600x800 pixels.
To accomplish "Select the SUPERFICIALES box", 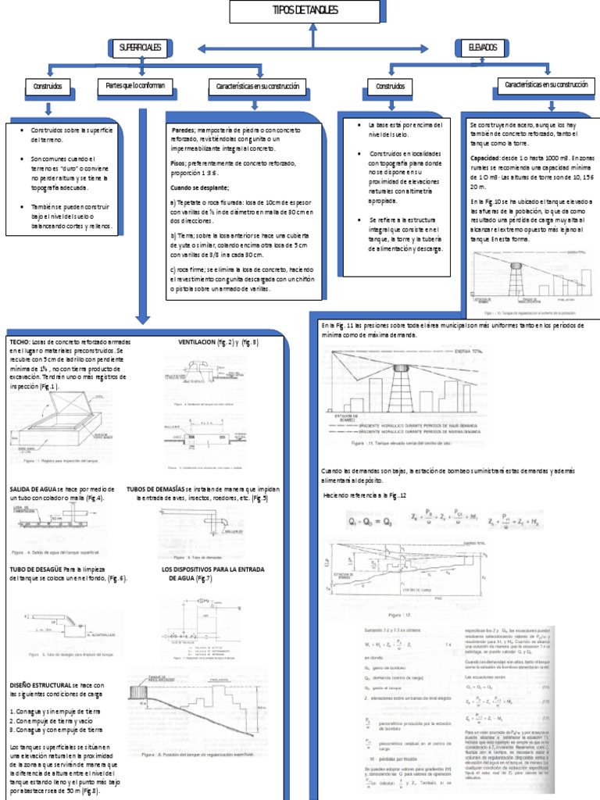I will pyautogui.click(x=140, y=48).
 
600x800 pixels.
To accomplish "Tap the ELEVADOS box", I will pyautogui.click(x=482, y=48).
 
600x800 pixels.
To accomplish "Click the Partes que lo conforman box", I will pyautogui.click(x=130, y=84).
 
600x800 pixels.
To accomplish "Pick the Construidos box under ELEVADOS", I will pyautogui.click(x=391, y=86).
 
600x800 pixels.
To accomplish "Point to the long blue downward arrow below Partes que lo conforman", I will pyautogui.click(x=142, y=211).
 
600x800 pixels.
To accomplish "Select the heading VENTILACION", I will pyautogui.click(x=199, y=343).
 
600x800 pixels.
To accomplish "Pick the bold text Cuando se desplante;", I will pyautogui.click(x=199, y=187).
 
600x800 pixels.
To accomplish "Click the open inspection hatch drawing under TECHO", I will pyautogui.click(x=59, y=420).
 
